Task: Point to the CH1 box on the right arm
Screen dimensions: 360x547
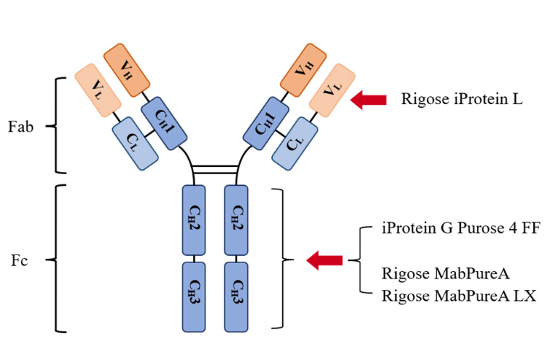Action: pyautogui.click(x=266, y=123)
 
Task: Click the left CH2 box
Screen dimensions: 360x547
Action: pyautogui.click(x=195, y=220)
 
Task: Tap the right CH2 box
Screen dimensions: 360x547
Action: pyautogui.click(x=237, y=220)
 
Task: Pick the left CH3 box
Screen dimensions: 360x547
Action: pyautogui.click(x=195, y=296)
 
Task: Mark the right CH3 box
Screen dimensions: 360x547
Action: pyautogui.click(x=237, y=296)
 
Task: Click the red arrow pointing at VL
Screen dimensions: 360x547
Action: pyautogui.click(x=368, y=100)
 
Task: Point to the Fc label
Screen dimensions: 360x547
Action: pyautogui.click(x=20, y=260)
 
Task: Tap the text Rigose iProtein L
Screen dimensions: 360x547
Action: pyautogui.click(x=462, y=100)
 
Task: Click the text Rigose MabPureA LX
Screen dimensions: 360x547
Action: pyautogui.click(x=459, y=296)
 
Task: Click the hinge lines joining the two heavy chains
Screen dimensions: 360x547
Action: pyautogui.click(x=216, y=169)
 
